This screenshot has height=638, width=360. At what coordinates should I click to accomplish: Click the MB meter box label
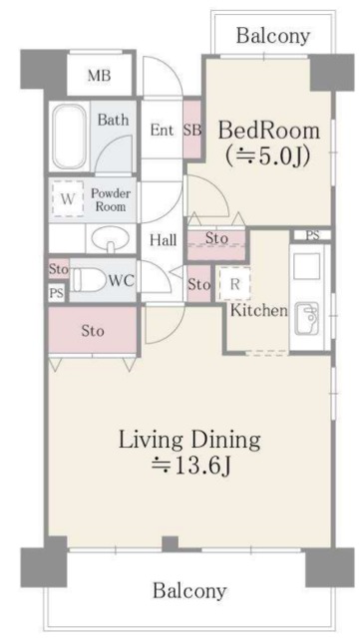[100, 76]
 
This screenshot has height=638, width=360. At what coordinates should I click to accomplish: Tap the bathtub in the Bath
[69, 137]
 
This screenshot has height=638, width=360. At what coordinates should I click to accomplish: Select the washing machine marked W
[68, 199]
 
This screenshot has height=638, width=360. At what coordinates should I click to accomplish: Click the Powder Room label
[111, 199]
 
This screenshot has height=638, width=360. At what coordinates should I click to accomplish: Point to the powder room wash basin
[110, 239]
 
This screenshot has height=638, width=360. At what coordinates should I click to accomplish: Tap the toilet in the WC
[87, 279]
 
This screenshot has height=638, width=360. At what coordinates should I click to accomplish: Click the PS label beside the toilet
[56, 292]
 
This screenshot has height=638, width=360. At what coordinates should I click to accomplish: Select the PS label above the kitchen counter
[312, 235]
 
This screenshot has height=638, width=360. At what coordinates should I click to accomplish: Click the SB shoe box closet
[191, 131]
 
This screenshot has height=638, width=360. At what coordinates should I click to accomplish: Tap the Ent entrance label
[163, 130]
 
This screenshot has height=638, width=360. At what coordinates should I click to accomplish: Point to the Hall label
[163, 239]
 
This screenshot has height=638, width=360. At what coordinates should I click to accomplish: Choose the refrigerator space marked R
[234, 284]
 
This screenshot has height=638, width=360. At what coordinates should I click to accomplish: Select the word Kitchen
[259, 310]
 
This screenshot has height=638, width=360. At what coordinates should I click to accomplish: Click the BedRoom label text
[269, 131]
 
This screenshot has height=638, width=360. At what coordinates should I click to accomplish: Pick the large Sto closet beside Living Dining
[93, 330]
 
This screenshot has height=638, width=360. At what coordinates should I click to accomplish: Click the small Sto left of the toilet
[59, 269]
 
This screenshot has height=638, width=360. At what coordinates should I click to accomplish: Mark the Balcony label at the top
[273, 36]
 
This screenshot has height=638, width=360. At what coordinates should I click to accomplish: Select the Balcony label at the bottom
[189, 589]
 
